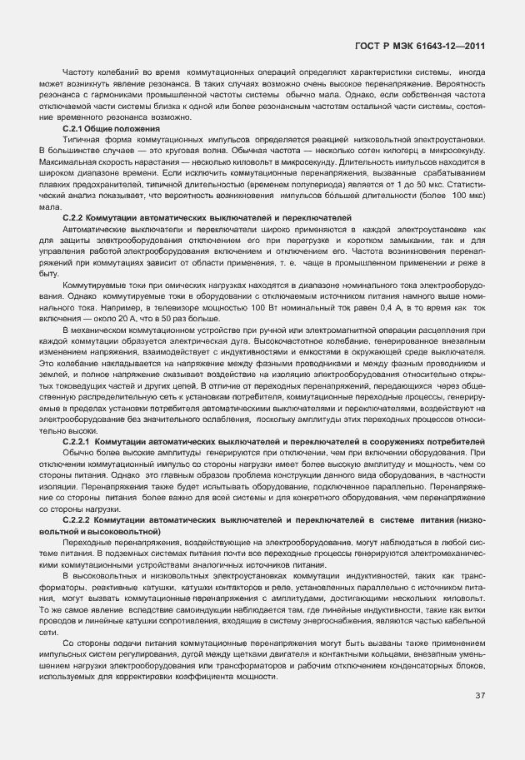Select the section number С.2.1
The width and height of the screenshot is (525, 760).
click(x=76, y=129)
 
